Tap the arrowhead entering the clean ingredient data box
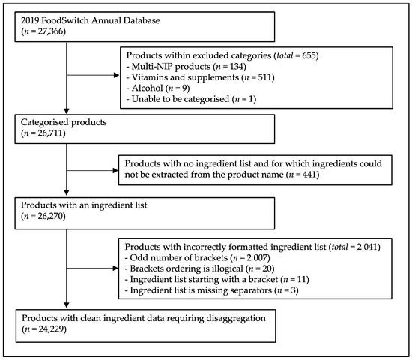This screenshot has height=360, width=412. [x=67, y=307]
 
